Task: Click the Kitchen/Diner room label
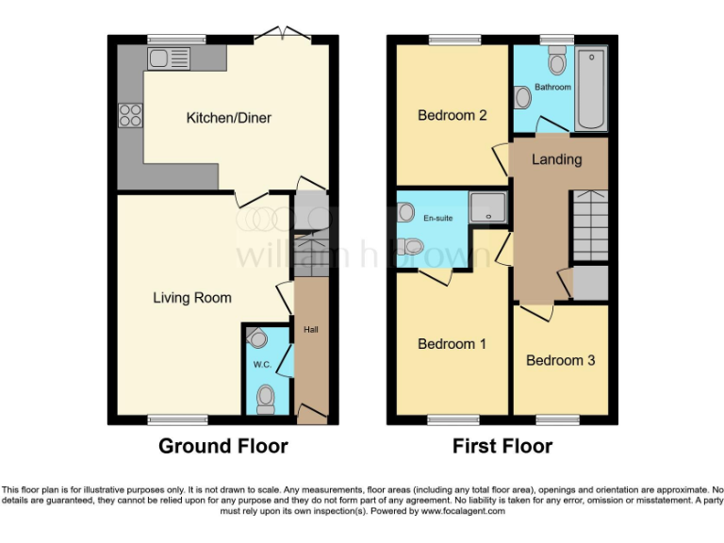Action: point(228,118)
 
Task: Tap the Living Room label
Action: point(192,298)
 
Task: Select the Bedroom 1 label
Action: point(452,344)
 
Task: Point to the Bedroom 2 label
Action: point(452,116)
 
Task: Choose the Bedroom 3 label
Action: point(560,360)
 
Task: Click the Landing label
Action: point(556,159)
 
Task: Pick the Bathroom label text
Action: point(552,88)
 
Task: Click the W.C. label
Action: point(262,365)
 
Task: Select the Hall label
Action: point(310,331)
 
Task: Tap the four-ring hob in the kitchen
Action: point(129,114)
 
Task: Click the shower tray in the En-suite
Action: point(488,208)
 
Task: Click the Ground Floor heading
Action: point(222,446)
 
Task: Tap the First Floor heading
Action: point(502,446)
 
